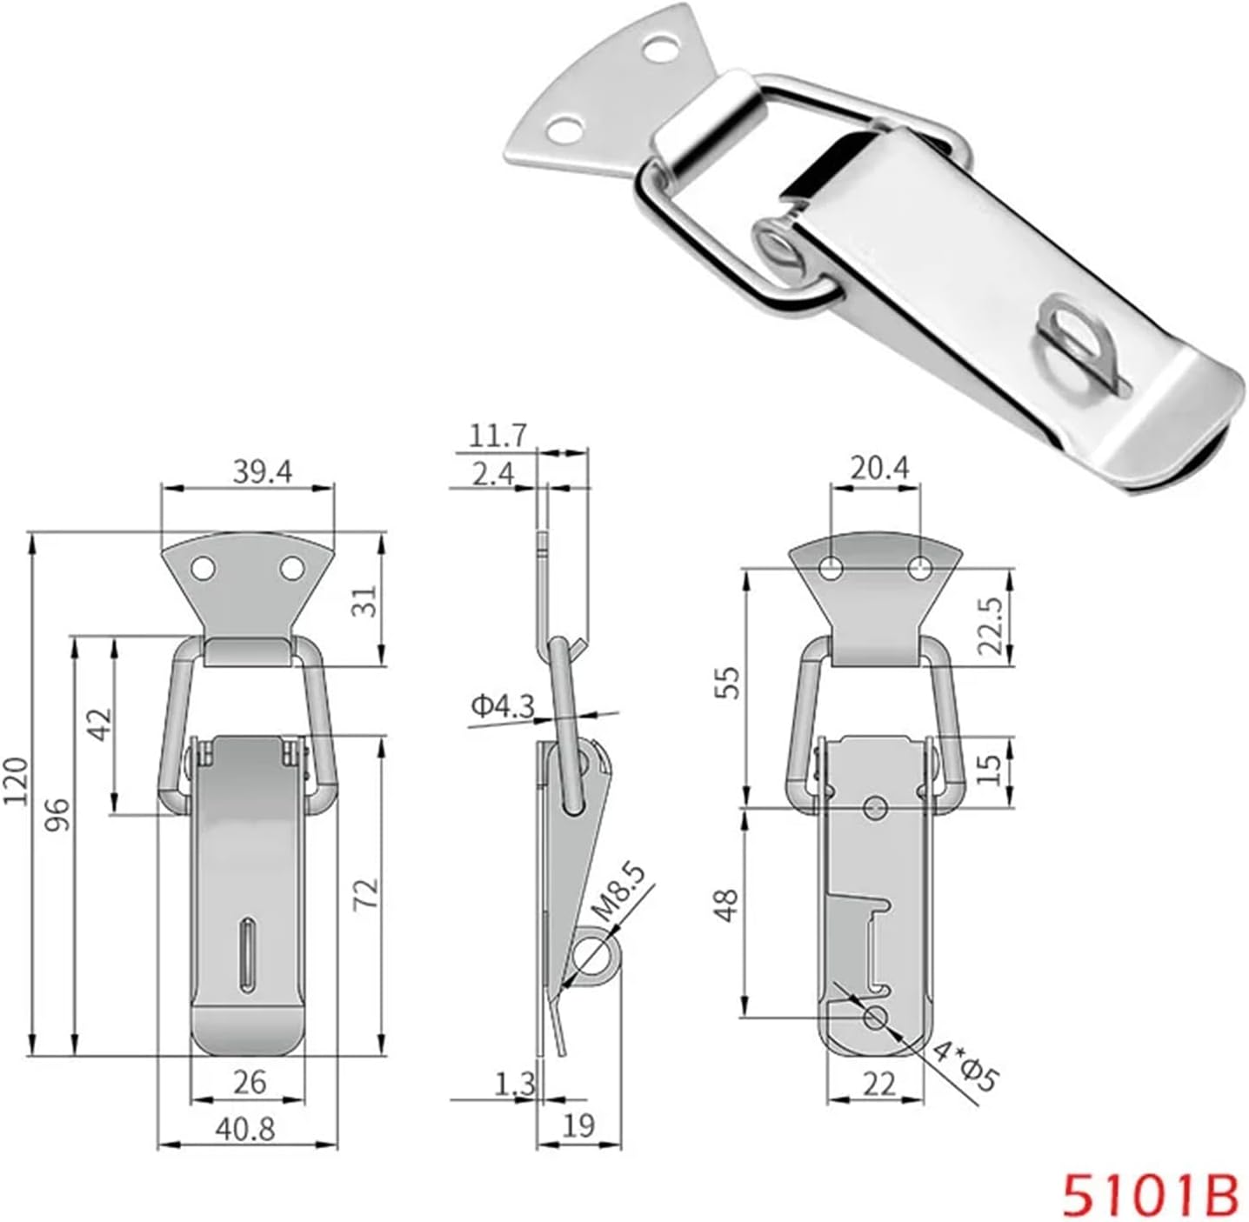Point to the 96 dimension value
click(57, 815)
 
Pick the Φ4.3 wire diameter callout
click(503, 707)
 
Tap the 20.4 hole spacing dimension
click(879, 469)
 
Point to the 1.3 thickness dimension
click(515, 1085)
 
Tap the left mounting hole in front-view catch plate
click(204, 569)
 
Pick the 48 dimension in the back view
click(729, 904)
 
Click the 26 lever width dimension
click(249, 1083)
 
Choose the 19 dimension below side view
click(578, 1125)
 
